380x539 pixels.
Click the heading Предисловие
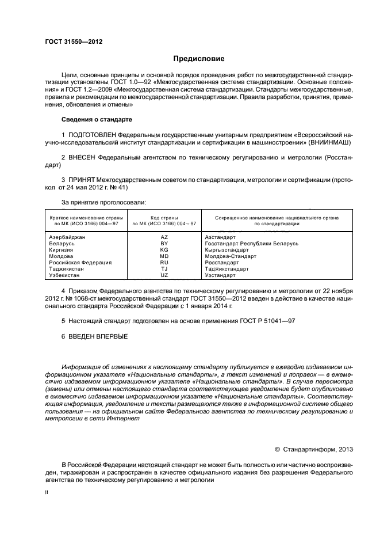point(199,59)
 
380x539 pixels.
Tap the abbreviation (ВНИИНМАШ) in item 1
point(325,142)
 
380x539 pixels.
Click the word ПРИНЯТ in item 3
point(82,180)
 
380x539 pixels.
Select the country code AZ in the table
point(164,237)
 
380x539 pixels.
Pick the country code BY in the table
point(164,244)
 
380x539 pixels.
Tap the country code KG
point(164,250)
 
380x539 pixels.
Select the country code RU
point(164,263)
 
